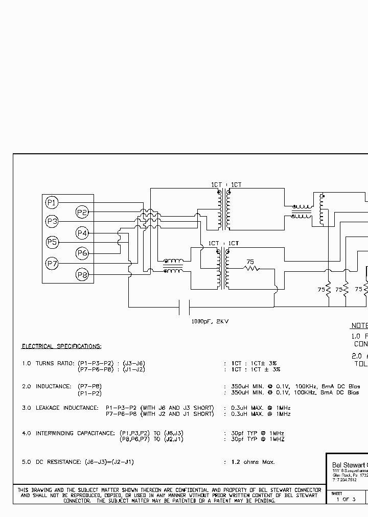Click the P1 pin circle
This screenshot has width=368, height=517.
(52, 202)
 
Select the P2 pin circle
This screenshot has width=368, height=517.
(82, 212)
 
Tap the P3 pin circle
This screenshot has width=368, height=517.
(52, 222)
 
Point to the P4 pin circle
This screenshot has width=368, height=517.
(82, 233)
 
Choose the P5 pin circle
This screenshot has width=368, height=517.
(52, 242)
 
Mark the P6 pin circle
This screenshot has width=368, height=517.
(82, 253)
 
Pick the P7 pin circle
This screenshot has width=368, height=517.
(52, 264)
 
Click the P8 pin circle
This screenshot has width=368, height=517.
(82, 275)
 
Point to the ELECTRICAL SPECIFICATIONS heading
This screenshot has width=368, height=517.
(61, 346)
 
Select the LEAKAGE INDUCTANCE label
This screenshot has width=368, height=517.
(67, 408)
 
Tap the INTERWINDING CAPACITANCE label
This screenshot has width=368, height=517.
(75, 433)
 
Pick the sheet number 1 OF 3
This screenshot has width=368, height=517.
(346, 499)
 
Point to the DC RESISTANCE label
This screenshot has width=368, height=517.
(55, 462)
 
